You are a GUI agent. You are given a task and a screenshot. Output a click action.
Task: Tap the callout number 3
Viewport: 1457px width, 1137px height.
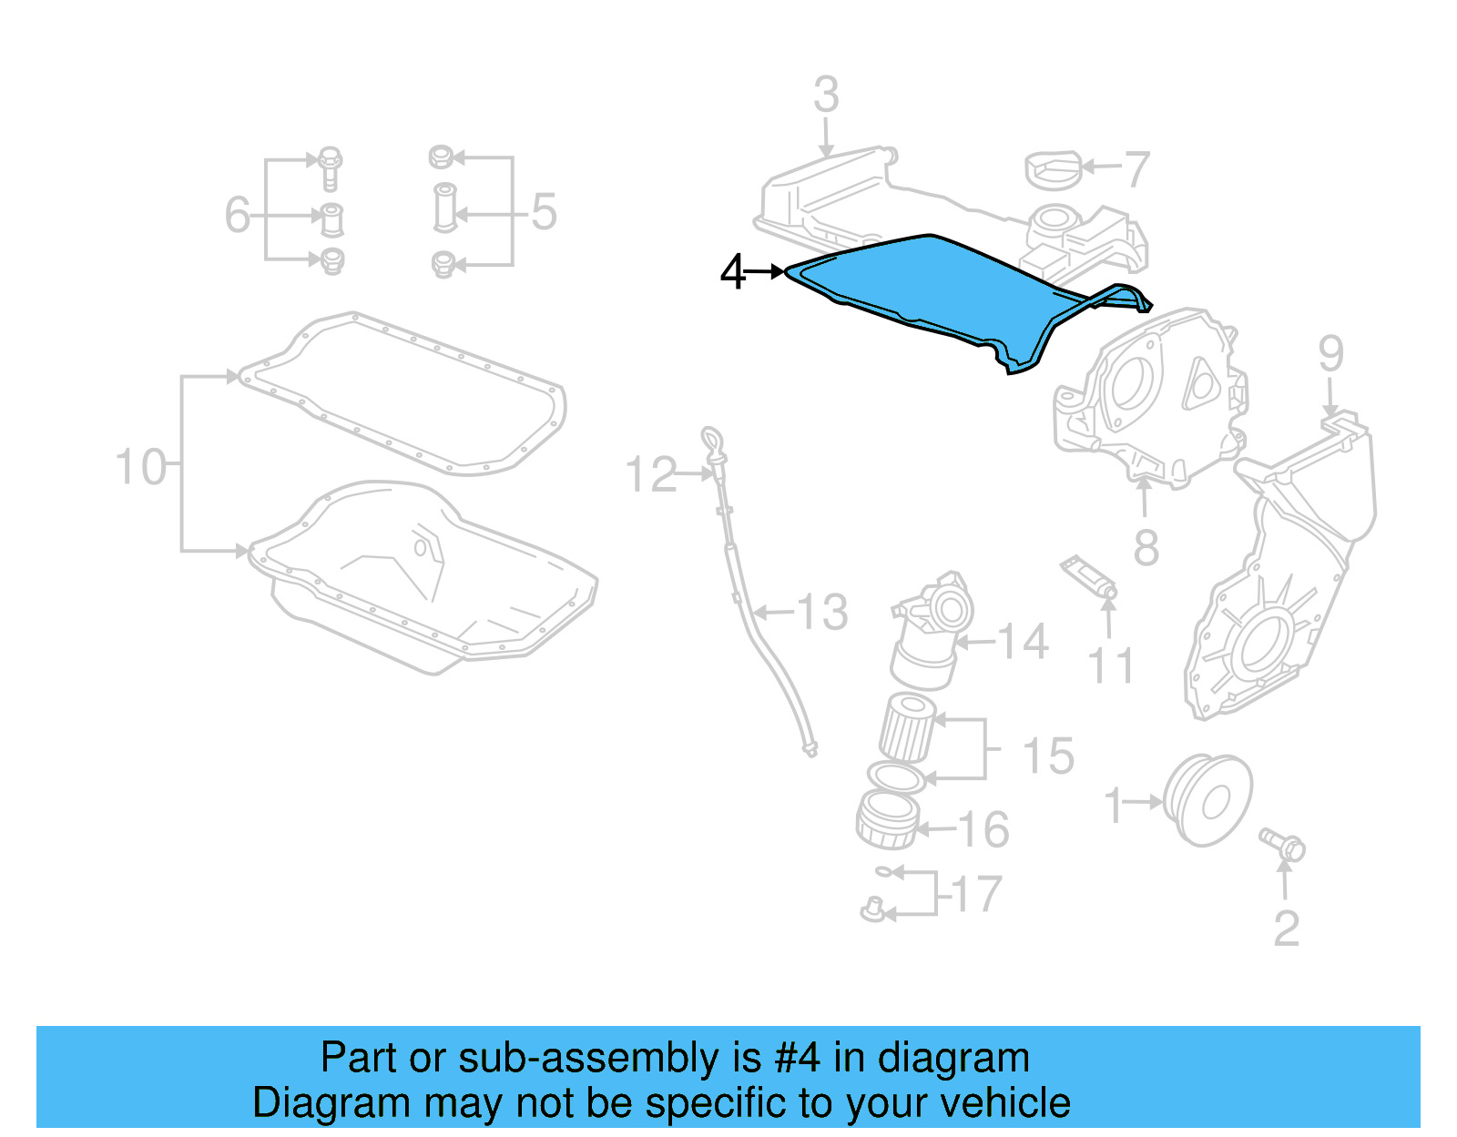pyautogui.click(x=825, y=95)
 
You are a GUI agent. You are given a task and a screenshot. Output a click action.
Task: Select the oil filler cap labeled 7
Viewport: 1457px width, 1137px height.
pyautogui.click(x=1054, y=170)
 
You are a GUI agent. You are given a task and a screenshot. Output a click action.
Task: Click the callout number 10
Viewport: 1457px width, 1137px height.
pyautogui.click(x=141, y=467)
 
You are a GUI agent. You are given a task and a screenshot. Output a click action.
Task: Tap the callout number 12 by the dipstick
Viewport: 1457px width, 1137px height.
pyautogui.click(x=651, y=474)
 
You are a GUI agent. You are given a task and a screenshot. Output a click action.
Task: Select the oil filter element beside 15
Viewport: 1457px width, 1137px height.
pyautogui.click(x=907, y=726)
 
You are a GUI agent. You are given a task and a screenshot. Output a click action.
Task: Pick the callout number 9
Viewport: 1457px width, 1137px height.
pyautogui.click(x=1330, y=353)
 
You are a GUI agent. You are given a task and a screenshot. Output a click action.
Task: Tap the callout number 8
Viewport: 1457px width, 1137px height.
pyautogui.click(x=1146, y=548)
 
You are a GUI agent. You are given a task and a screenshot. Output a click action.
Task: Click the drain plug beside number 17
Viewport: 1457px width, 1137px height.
pyautogui.click(x=872, y=909)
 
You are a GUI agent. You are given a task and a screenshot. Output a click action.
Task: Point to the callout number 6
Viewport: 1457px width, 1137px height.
pyautogui.click(x=237, y=216)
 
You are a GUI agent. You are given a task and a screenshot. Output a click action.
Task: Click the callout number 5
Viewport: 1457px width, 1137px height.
pyautogui.click(x=544, y=212)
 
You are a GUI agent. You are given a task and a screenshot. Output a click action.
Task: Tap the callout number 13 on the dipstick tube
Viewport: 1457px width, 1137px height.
pyautogui.click(x=823, y=612)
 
